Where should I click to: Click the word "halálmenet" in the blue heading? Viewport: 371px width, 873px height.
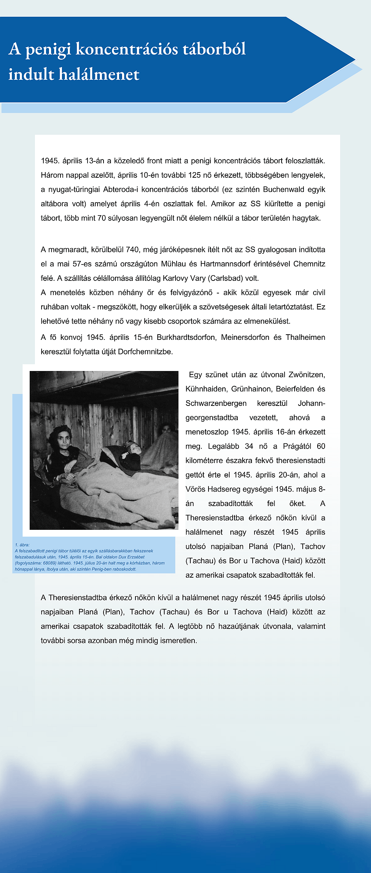pos(99,74)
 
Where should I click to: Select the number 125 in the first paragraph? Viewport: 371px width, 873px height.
pos(194,175)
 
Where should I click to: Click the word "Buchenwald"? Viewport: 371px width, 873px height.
pos(283,190)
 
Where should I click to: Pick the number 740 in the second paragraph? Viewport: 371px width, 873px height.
pos(132,250)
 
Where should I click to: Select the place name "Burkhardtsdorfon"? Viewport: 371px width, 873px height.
pos(186,337)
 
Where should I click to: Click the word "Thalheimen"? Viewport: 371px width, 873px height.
pos(305,337)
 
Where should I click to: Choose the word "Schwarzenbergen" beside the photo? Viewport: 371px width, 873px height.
pos(216,403)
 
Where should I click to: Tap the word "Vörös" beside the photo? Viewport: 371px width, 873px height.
pos(196,489)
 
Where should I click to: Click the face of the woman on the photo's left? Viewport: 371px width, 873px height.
pos(63,438)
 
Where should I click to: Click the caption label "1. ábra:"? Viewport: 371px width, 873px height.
pos(22,545)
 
